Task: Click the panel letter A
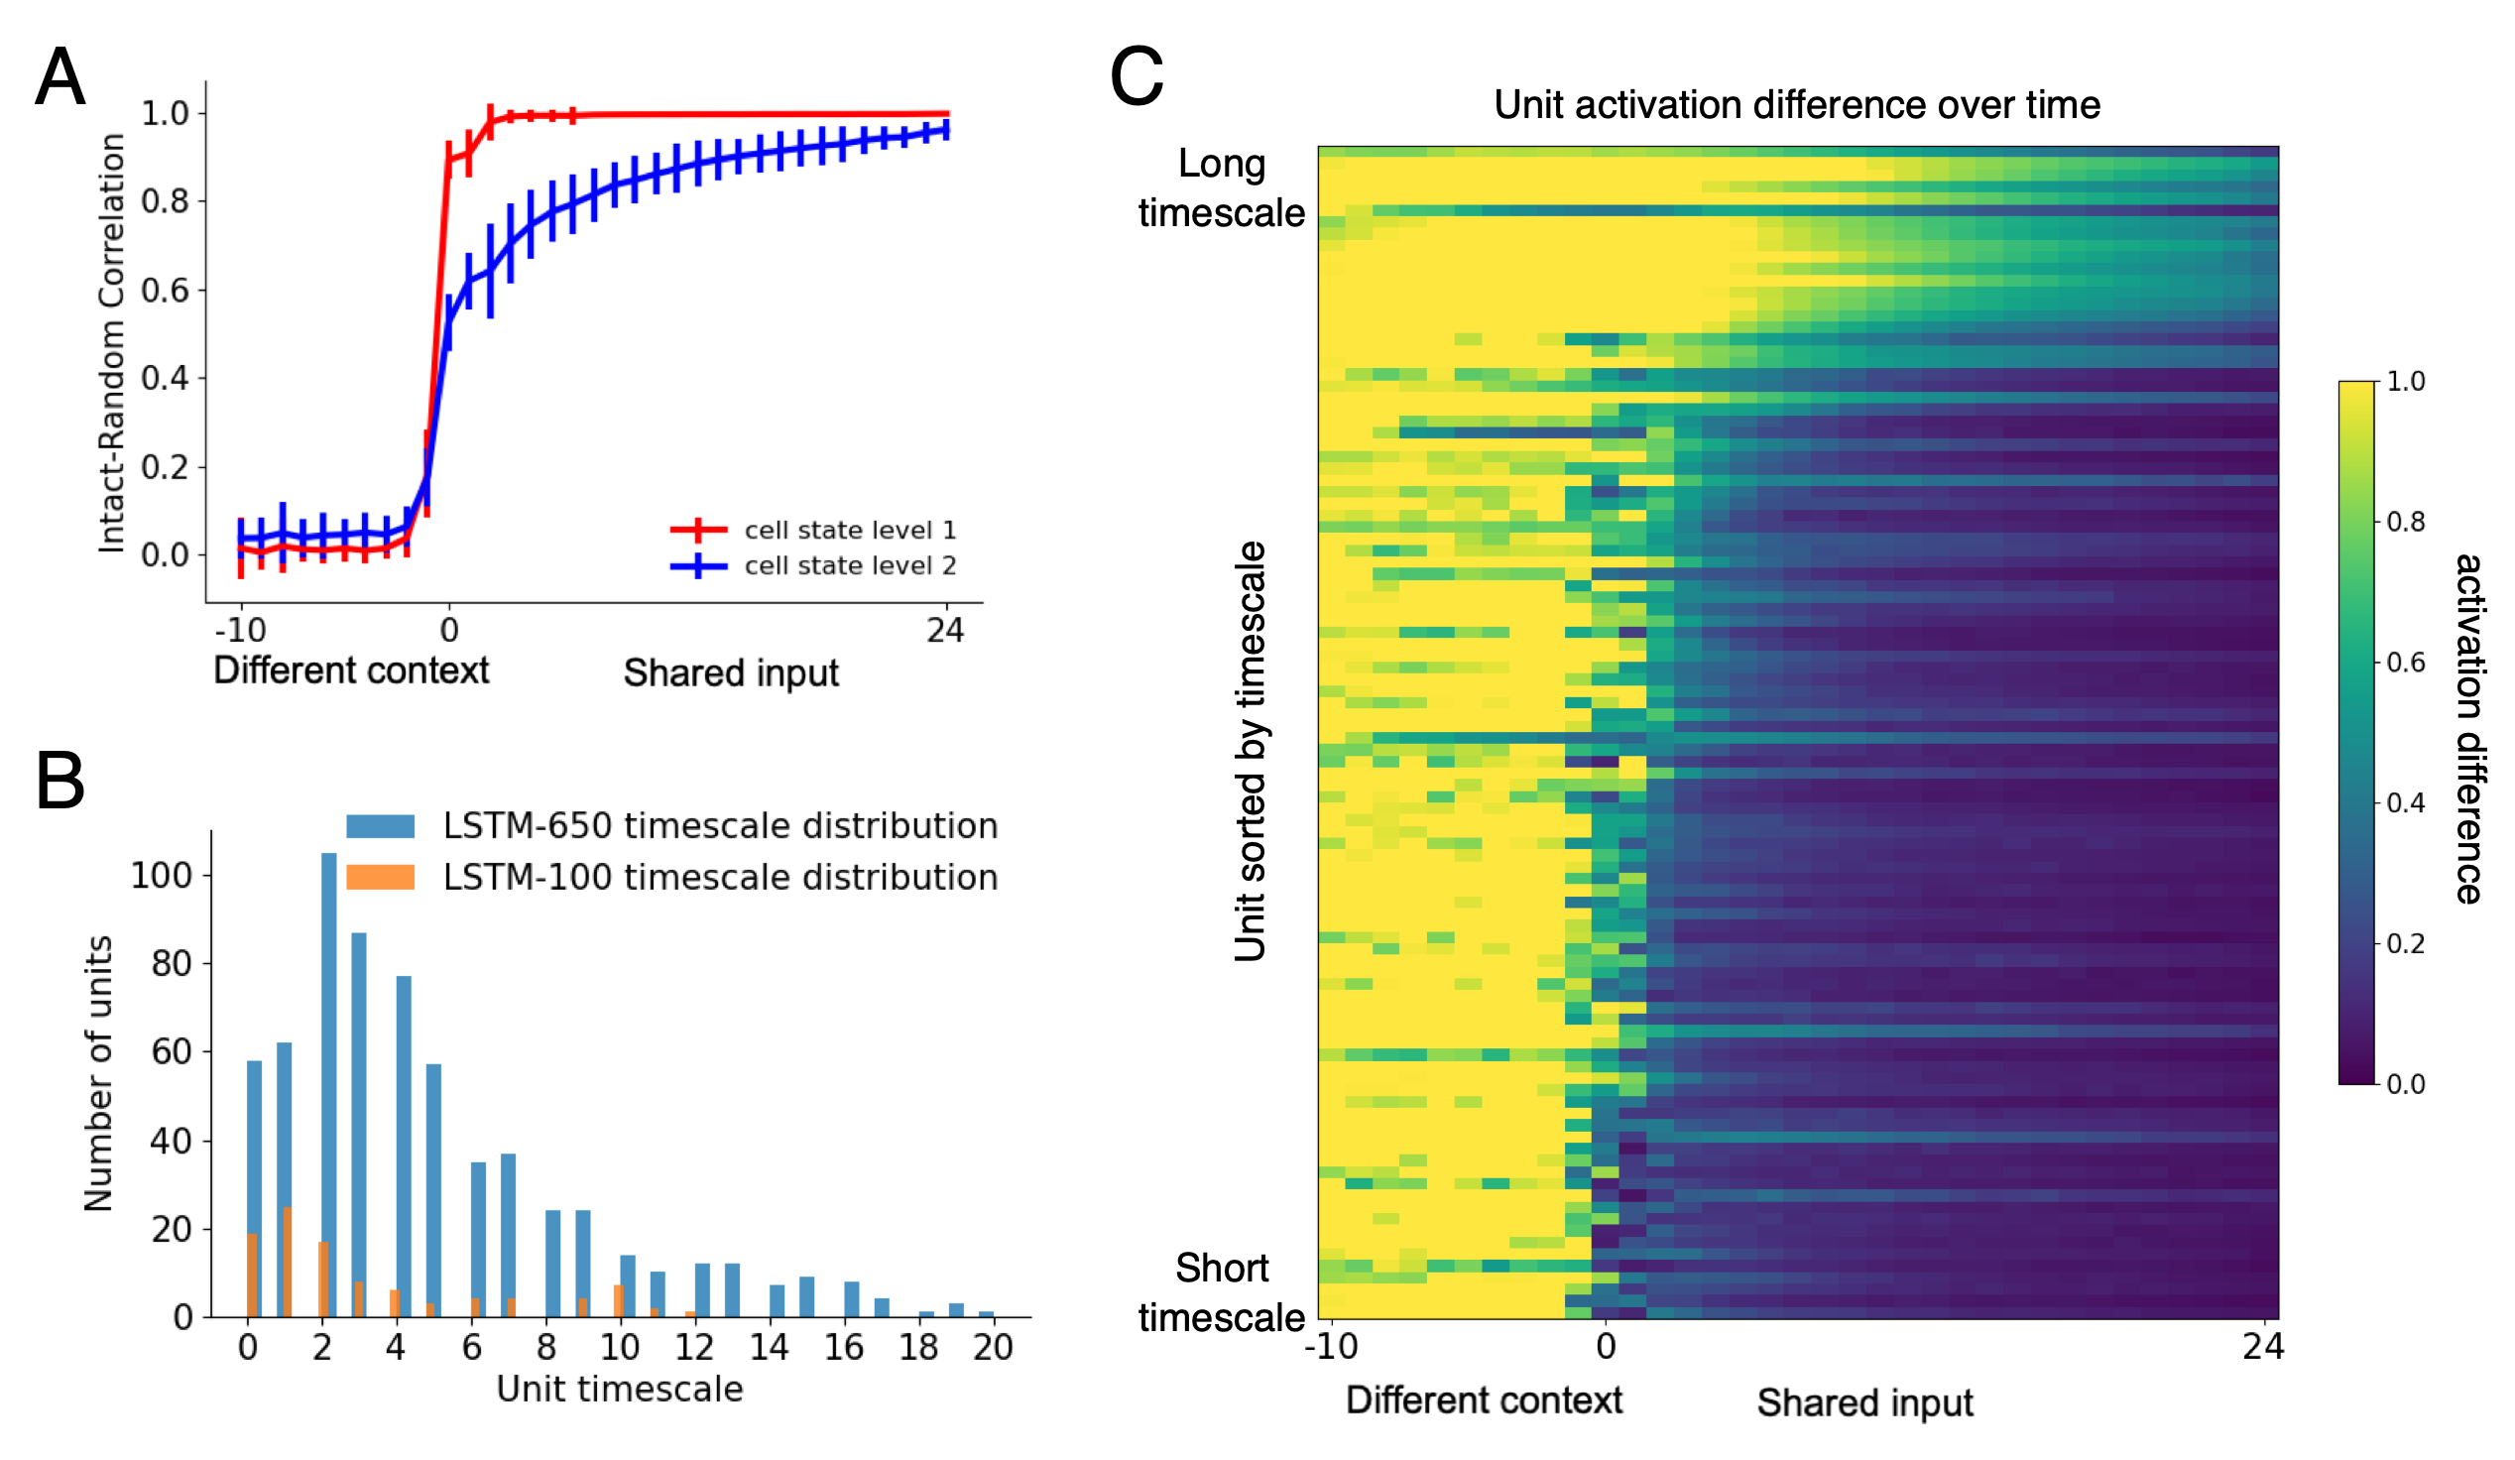[59, 76]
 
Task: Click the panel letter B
[59, 781]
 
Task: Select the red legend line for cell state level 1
[697, 530]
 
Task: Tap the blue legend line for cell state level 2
[697, 565]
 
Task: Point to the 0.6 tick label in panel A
[165, 291]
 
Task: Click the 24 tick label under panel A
[944, 630]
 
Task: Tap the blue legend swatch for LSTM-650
[380, 826]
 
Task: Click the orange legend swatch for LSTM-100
[380, 877]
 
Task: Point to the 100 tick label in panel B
[161, 875]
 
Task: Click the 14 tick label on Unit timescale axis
[769, 1347]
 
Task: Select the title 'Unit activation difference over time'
[1796, 105]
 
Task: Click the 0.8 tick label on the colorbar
[2405, 522]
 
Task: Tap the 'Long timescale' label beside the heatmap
[1221, 188]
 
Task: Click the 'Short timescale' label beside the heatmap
[1221, 1292]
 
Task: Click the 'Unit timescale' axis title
[620, 1390]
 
